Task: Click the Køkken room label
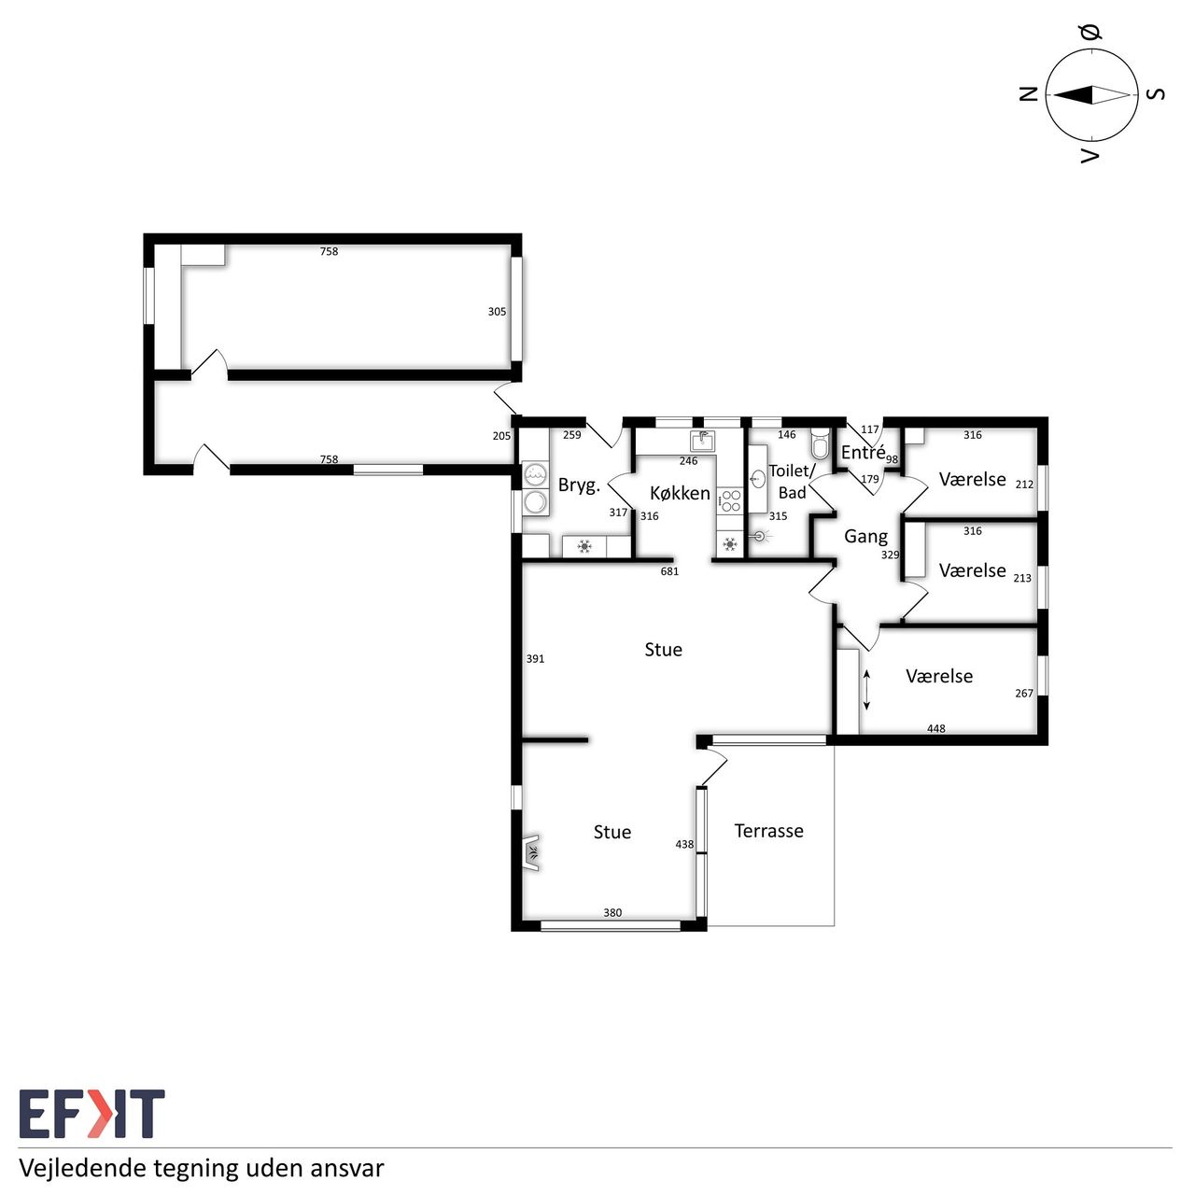680,493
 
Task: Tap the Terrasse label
768,830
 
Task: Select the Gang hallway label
865,537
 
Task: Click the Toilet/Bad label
792,482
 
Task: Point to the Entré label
863,452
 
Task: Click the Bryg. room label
579,485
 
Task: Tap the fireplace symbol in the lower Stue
531,853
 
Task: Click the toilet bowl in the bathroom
820,443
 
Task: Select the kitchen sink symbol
702,441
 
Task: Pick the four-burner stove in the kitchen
730,500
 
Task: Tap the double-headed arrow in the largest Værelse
866,689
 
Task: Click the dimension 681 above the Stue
669,571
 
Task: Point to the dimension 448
935,728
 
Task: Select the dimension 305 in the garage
497,311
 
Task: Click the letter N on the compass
1028,94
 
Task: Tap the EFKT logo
91,1114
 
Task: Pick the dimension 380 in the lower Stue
612,912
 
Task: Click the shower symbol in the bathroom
761,534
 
